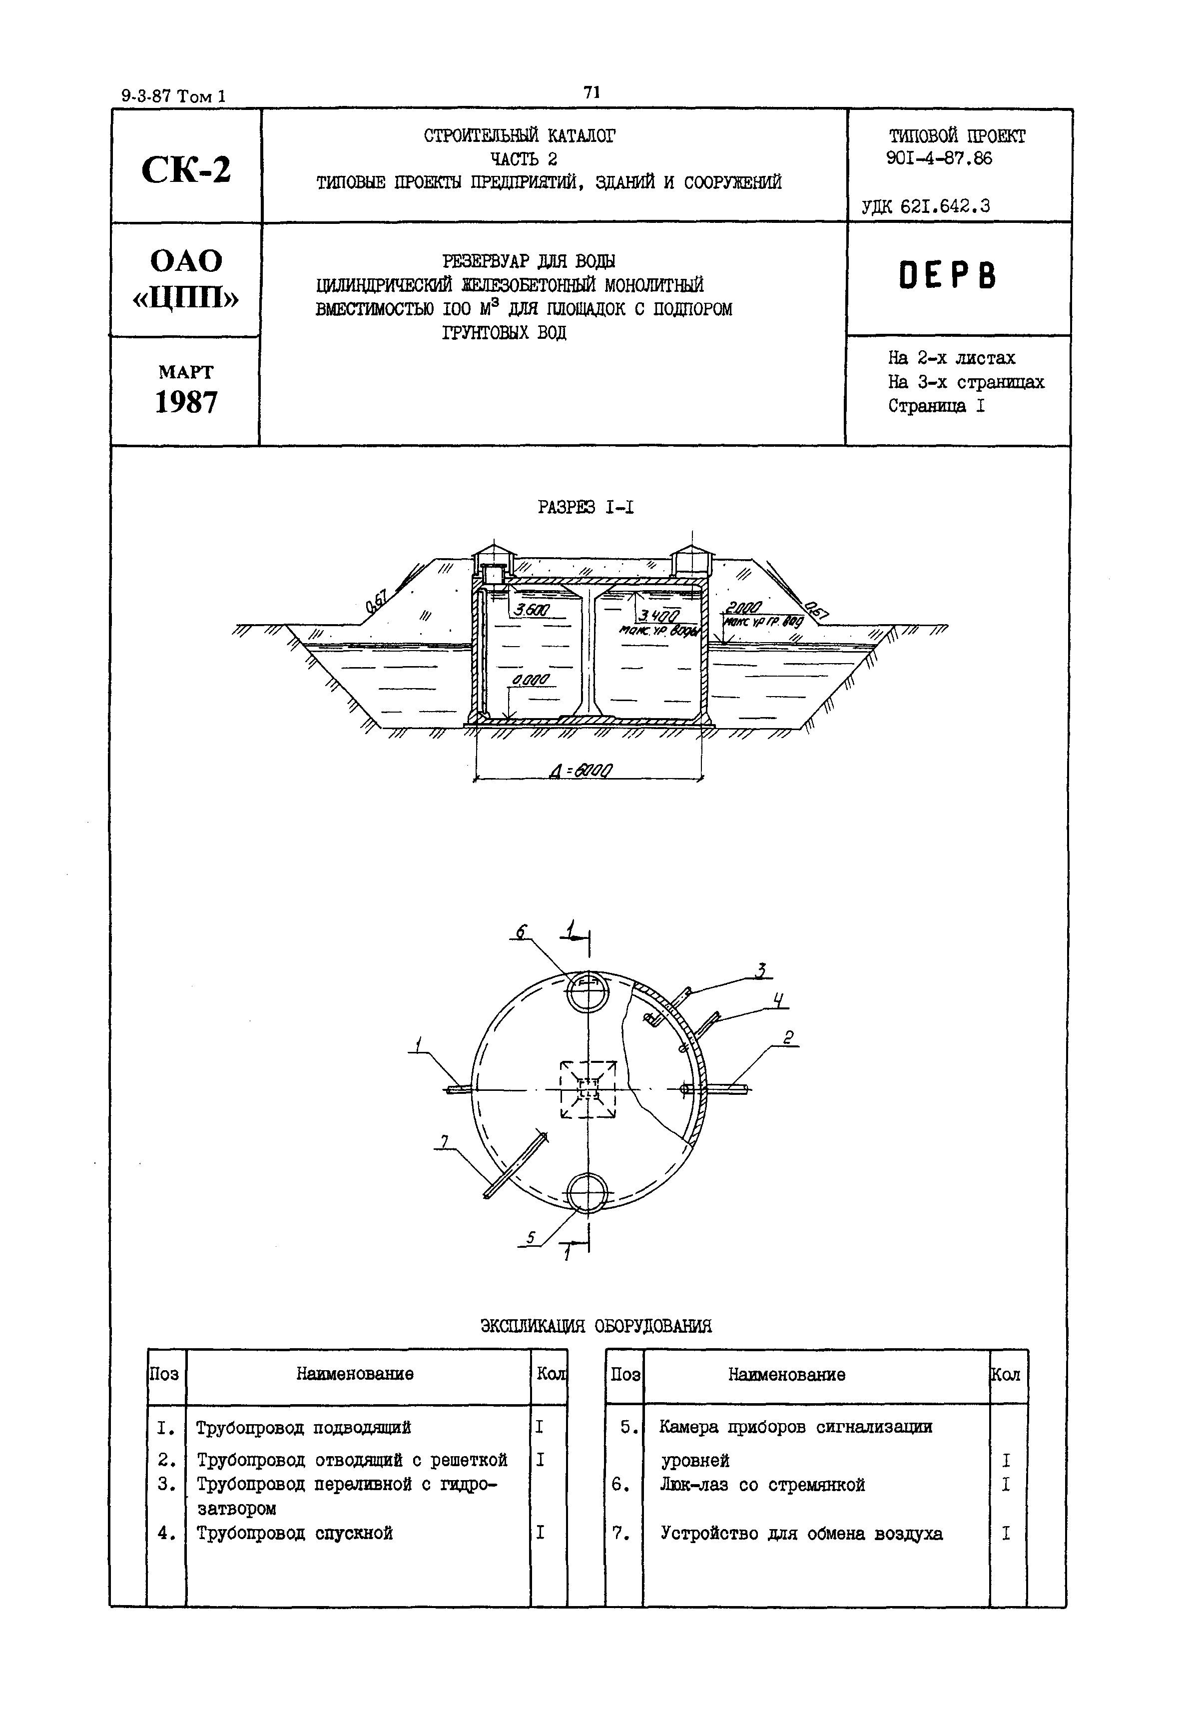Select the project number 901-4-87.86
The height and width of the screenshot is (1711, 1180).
pyautogui.click(x=939, y=158)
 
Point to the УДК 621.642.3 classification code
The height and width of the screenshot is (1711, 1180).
pyautogui.click(x=926, y=207)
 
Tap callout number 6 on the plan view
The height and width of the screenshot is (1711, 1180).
pyautogui.click(x=520, y=933)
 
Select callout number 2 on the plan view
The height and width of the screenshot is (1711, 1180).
pyautogui.click(x=789, y=1038)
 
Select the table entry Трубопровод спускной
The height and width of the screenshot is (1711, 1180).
pyautogui.click(x=294, y=1533)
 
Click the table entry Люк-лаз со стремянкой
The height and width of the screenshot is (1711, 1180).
pyautogui.click(x=761, y=1485)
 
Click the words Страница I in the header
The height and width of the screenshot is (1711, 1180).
pyautogui.click(x=936, y=406)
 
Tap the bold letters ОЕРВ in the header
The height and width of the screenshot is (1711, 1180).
pyautogui.click(x=947, y=276)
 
